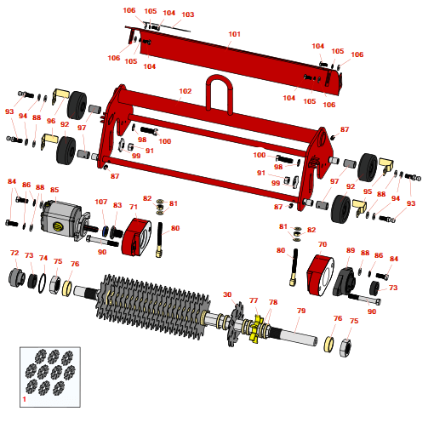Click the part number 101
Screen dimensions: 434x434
coord(235,35)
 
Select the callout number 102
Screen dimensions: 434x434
coord(186,91)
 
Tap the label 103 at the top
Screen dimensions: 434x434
coord(188,14)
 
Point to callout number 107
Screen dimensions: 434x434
coord(101,203)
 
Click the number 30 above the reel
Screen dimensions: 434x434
coord(227,294)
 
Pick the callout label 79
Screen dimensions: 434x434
coord(300,311)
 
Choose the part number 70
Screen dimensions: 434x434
coord(322,244)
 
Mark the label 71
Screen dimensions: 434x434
coord(133,207)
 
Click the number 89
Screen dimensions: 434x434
coord(350,250)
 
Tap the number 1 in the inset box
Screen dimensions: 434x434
coord(24,398)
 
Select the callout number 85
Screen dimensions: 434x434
coord(54,190)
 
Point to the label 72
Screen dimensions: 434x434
coord(14,253)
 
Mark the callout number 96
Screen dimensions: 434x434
coord(50,122)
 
